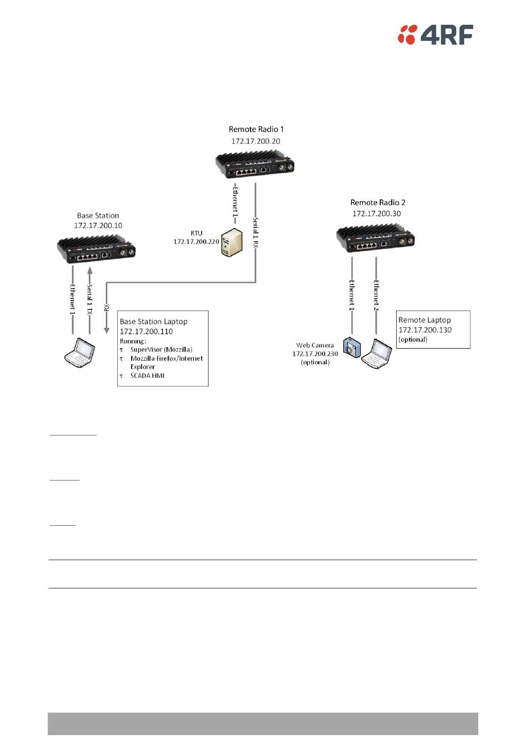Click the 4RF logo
[435, 34]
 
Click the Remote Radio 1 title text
[256, 129]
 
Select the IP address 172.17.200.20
[256, 141]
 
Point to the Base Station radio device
[96, 250]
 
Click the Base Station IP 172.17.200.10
[98, 225]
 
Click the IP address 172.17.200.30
[377, 214]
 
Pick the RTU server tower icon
[231, 243]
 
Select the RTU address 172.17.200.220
[196, 241]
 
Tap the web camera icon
[352, 347]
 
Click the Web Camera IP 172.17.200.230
[315, 354]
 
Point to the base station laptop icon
[80, 353]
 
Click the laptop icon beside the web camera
[377, 354]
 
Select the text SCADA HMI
[147, 376]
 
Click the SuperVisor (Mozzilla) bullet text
[161, 349]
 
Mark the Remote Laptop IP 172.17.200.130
[425, 330]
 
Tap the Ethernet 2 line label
[376, 295]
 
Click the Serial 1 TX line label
[90, 299]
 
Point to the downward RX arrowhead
[106, 330]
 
